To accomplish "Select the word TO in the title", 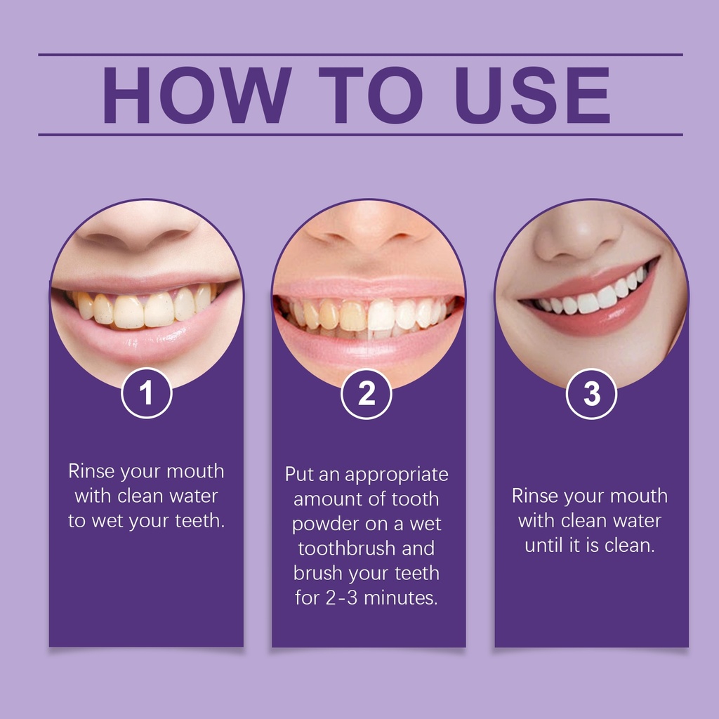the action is pyautogui.click(x=371, y=95).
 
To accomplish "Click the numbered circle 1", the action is pyautogui.click(x=146, y=393).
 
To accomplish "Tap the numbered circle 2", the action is pyautogui.click(x=367, y=393).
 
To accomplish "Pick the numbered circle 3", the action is pyautogui.click(x=591, y=393).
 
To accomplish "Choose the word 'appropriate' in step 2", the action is pyautogui.click(x=397, y=475).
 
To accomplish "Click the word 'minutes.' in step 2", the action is pyautogui.click(x=401, y=598).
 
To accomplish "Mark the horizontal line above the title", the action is pyautogui.click(x=360, y=55).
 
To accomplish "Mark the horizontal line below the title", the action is pyautogui.click(x=360, y=135).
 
